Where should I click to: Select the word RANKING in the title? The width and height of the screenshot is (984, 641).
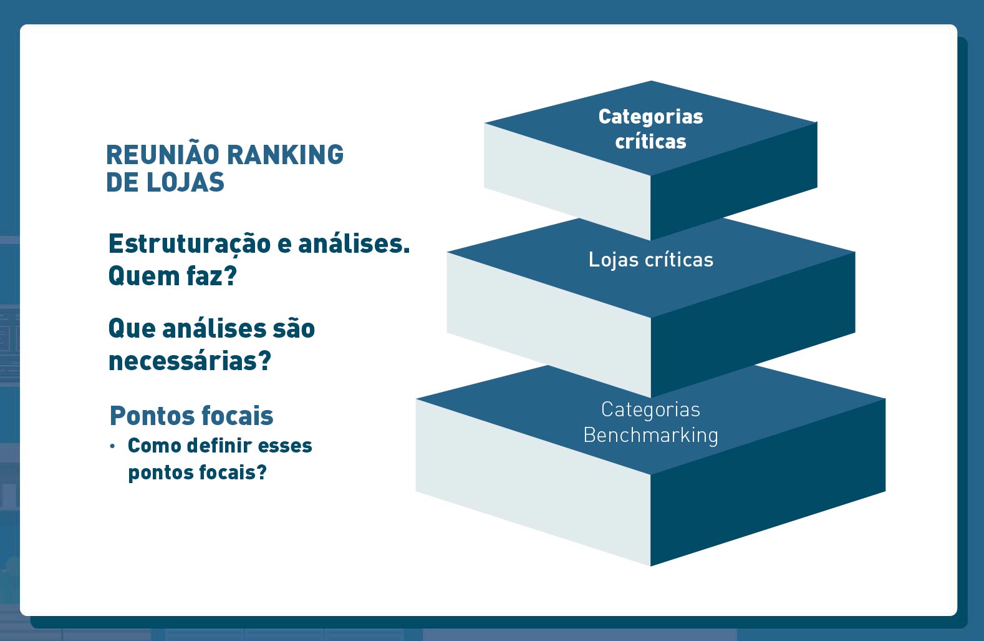(285, 155)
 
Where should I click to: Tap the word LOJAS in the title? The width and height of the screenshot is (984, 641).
(185, 182)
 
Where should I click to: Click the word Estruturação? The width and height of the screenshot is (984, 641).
(190, 245)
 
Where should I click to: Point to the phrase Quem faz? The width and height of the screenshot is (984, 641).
(173, 276)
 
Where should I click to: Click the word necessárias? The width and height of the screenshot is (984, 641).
(190, 361)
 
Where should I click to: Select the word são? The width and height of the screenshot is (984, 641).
(294, 328)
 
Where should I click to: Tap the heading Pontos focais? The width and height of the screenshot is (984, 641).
(191, 416)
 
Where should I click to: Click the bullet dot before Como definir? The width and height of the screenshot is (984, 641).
(113, 446)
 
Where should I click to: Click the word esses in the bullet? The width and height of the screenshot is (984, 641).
(285, 446)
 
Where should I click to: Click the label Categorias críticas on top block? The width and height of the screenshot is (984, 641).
(650, 129)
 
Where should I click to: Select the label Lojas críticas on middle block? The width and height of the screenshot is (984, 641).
(650, 260)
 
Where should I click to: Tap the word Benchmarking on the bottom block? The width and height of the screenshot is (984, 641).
(650, 435)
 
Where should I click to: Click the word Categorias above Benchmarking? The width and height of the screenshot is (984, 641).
(650, 409)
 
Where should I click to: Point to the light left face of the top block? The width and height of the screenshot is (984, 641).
(567, 181)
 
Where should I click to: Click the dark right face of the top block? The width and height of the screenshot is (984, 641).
(733, 181)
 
